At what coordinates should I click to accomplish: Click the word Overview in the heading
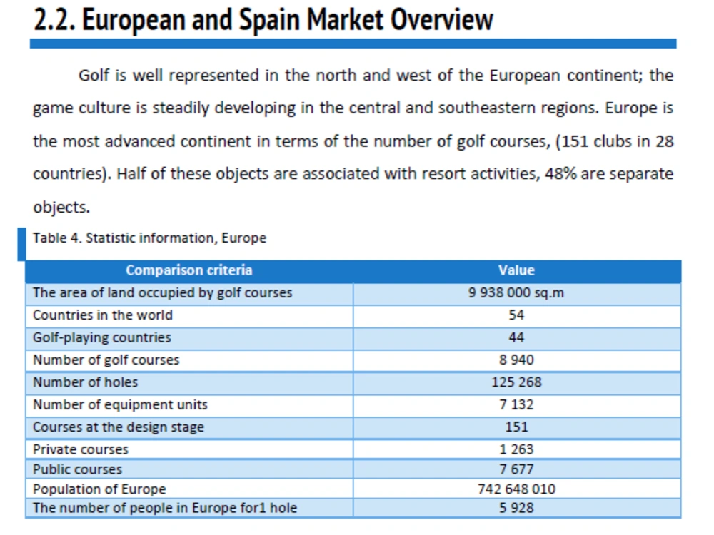(x=442, y=20)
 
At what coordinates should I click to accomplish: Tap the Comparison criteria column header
(x=189, y=270)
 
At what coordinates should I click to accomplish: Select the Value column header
(x=516, y=270)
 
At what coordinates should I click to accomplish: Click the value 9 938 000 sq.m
(x=516, y=292)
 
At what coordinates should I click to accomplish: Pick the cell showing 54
(x=516, y=315)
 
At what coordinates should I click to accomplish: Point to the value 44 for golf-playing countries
(x=516, y=337)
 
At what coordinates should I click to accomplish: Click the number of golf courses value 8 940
(x=516, y=360)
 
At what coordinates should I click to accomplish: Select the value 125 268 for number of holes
(x=516, y=382)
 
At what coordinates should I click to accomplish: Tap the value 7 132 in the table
(x=516, y=404)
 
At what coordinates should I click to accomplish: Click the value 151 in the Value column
(x=516, y=427)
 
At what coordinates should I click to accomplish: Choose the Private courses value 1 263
(x=516, y=449)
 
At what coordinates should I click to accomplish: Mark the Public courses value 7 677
(x=516, y=469)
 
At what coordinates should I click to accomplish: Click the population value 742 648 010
(x=516, y=489)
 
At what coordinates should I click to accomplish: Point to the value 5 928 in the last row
(x=516, y=508)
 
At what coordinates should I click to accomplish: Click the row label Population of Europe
(x=99, y=489)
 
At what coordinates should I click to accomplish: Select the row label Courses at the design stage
(x=119, y=427)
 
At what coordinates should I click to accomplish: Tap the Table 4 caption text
(x=149, y=238)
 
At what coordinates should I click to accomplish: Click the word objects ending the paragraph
(x=61, y=208)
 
